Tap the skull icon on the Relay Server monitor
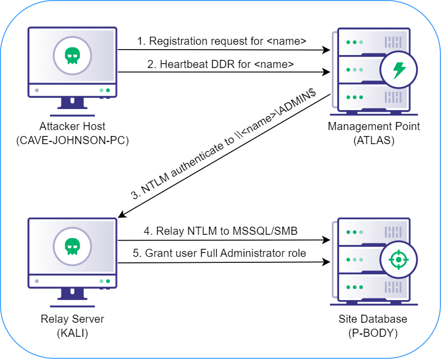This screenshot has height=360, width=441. (x=72, y=247)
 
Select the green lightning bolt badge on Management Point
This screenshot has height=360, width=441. (x=399, y=70)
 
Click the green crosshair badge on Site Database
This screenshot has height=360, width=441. (x=399, y=260)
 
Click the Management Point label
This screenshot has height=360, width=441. (x=373, y=127)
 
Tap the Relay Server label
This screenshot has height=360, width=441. (x=72, y=318)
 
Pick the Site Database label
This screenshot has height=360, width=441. (x=373, y=319)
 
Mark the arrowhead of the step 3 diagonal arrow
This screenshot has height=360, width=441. (x=121, y=216)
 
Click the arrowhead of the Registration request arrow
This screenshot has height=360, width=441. (x=327, y=50)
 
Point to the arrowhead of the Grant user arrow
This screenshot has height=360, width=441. (x=327, y=263)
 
